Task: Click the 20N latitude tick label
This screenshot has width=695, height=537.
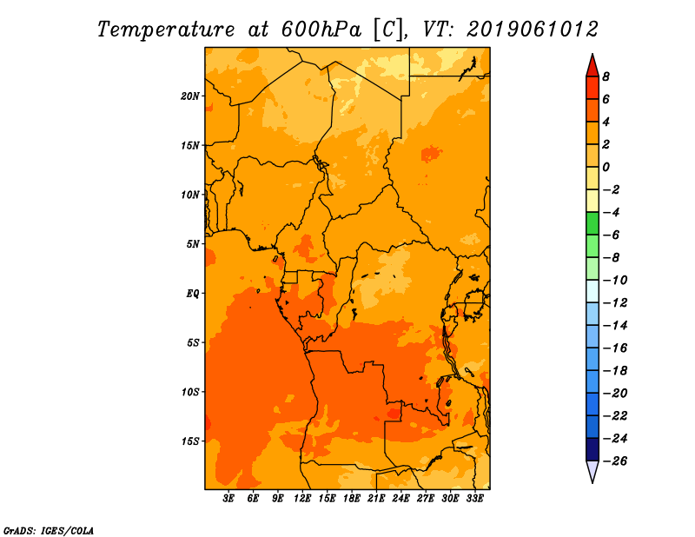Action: (189, 96)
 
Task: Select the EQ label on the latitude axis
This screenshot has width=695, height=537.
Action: (193, 294)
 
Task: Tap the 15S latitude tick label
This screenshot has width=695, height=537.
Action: (190, 441)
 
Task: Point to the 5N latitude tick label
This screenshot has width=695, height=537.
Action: (193, 244)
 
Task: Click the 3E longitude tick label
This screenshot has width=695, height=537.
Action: (228, 498)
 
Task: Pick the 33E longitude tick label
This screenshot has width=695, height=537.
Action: (474, 498)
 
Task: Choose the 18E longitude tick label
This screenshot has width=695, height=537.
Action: (352, 498)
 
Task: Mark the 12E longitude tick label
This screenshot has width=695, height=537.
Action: (302, 498)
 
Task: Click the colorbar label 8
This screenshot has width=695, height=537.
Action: (606, 76)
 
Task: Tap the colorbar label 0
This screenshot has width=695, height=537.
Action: (606, 167)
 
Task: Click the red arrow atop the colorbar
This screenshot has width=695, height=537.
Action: (592, 66)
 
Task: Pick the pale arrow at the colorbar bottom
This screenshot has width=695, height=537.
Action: (592, 471)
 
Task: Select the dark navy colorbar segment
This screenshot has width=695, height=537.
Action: (592, 449)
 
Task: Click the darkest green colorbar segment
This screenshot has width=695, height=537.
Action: (592, 223)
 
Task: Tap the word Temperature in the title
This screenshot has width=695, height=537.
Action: (166, 30)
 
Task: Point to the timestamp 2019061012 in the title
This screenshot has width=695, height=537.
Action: (533, 30)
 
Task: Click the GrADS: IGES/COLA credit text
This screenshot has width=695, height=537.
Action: (49, 531)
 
